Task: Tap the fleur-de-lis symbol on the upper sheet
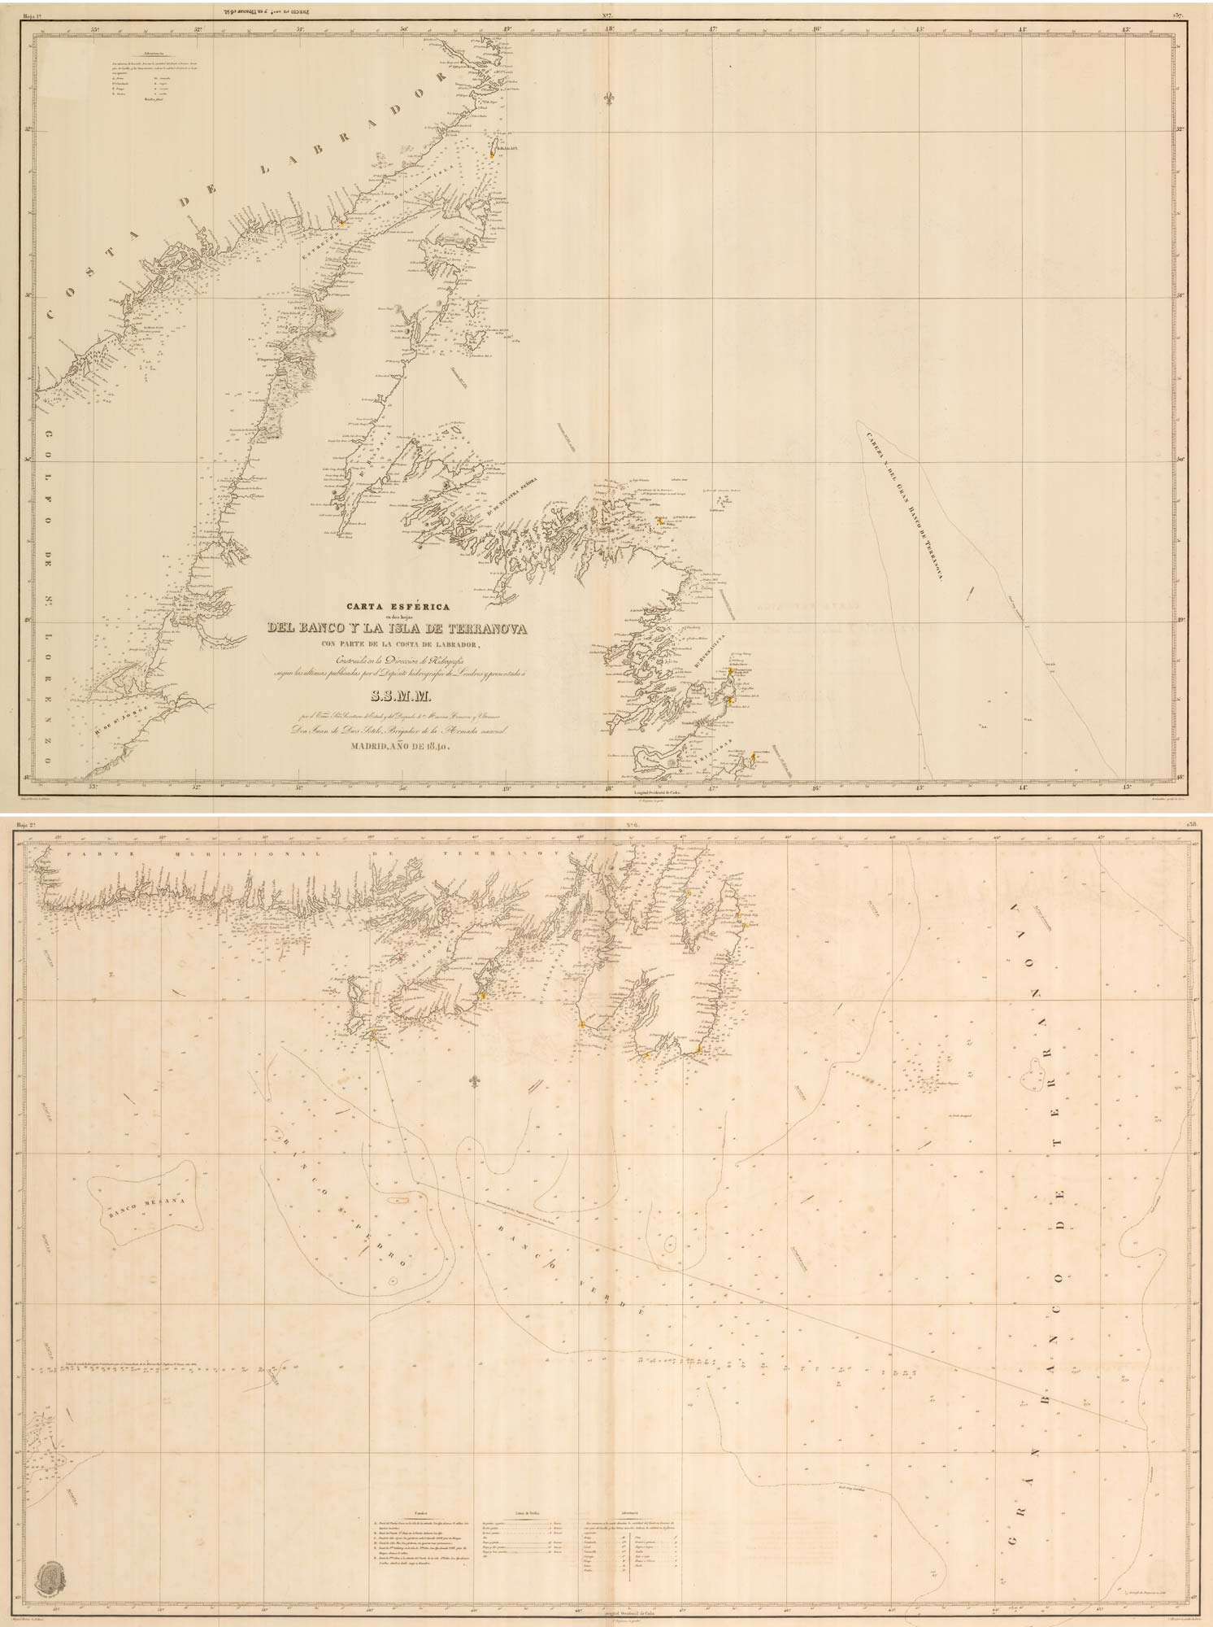tap(609, 98)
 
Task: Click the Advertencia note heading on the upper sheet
tap(134, 56)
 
